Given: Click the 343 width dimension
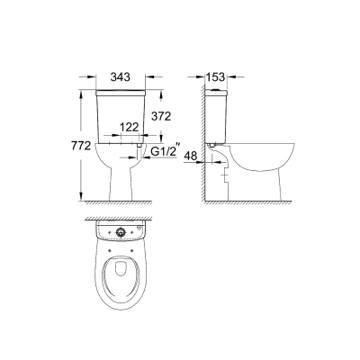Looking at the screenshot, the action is point(121,76).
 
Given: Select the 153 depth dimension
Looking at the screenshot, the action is point(215,76).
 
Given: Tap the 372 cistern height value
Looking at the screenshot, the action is point(161,116).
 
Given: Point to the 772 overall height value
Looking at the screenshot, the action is point(81,146).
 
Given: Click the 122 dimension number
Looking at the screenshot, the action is point(130,127).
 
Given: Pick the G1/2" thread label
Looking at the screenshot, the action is point(166,151).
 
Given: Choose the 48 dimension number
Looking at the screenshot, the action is point(191,156).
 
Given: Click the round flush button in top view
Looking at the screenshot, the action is point(121,232).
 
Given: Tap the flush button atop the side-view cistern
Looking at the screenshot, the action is point(215,89).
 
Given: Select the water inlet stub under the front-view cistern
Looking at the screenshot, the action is point(139,145).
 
